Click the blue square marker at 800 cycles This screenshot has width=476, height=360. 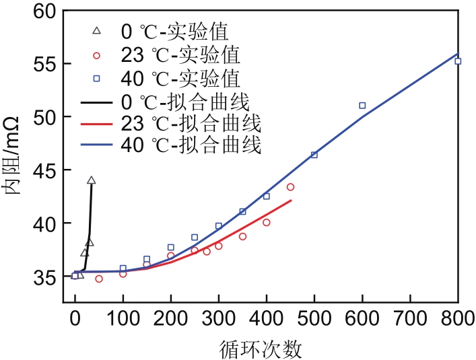coord(458,61)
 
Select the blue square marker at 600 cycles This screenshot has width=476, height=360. coord(362,106)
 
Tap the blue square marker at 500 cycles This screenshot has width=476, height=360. coord(314,155)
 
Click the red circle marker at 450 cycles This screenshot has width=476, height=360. coord(290,187)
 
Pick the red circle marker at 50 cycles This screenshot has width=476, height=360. coord(99,279)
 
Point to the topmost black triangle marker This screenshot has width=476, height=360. coord(92,180)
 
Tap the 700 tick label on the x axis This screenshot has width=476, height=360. coord(410,322)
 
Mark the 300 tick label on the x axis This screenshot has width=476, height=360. coord(219,322)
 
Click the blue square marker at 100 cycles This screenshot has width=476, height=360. coord(123,268)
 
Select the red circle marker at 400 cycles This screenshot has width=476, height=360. coord(267,222)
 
